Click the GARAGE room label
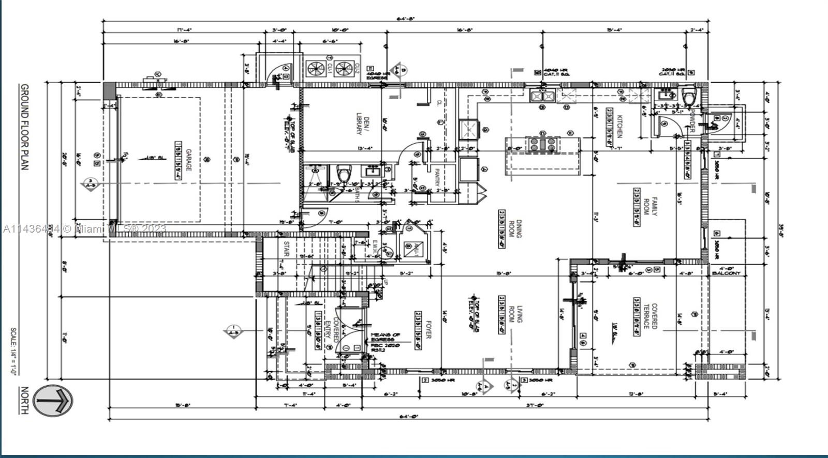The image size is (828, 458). point(189,160)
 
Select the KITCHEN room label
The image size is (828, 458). point(619,126)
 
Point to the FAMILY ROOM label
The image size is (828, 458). point(649,206)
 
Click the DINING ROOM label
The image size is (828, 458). point(514,228)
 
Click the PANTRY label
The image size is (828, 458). point(437,177)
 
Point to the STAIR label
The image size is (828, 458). point(286,249)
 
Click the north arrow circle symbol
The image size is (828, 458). point(53,400)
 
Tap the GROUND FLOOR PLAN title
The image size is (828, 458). point(24,127)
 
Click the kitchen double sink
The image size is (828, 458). point(542,96)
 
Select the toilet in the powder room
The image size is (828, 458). point(689,96)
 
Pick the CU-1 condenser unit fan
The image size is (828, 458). point(315,68)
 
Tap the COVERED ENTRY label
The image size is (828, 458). point(331,331)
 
